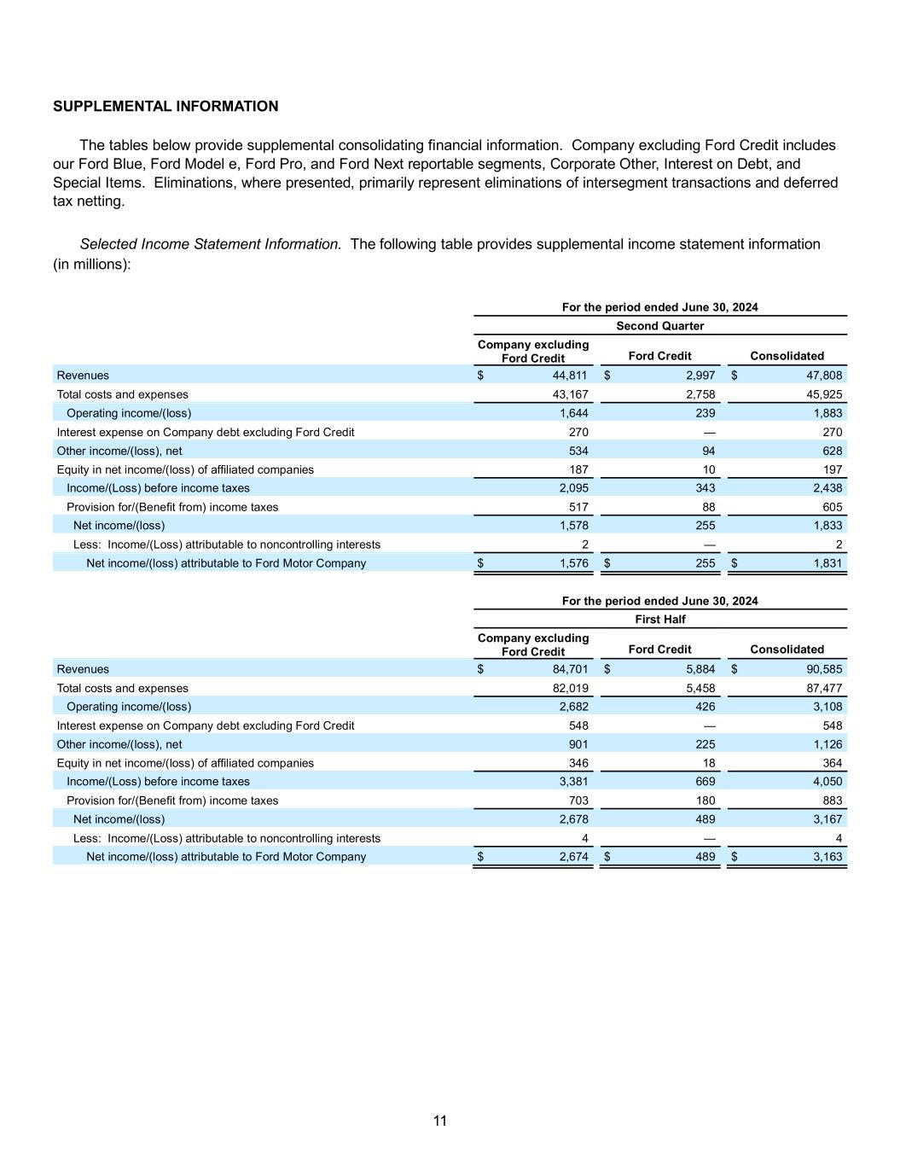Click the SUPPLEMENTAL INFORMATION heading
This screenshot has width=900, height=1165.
(x=165, y=107)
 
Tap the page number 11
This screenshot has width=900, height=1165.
(x=440, y=1121)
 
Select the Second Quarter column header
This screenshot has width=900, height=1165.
(x=659, y=326)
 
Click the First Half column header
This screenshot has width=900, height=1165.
(x=659, y=620)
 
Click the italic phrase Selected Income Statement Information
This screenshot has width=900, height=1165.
(x=211, y=244)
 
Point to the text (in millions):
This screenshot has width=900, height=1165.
(x=92, y=265)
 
